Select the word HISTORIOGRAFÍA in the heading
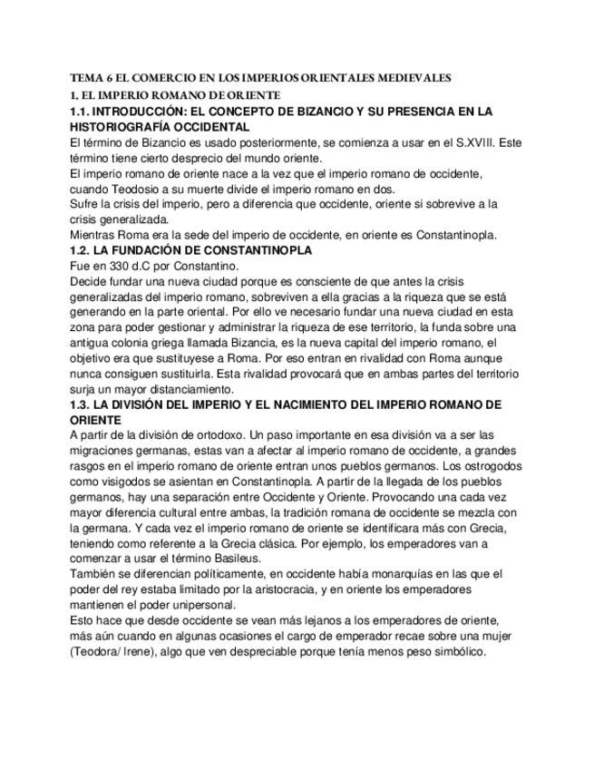click(x=117, y=128)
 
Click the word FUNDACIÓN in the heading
click(x=142, y=250)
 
